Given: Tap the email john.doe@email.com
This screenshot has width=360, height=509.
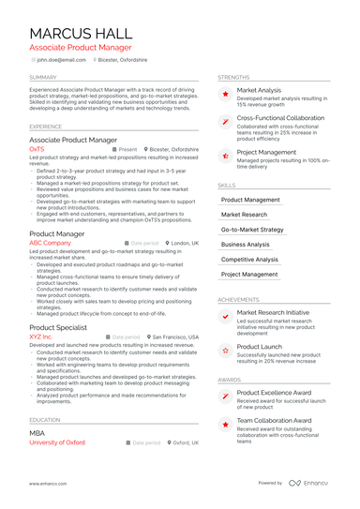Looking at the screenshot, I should coord(57,58).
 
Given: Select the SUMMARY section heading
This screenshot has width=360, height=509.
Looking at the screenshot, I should coord(43,77).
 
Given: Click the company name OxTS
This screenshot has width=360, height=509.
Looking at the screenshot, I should coord(37,149).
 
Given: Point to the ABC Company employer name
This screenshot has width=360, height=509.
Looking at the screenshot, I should coord(51,243).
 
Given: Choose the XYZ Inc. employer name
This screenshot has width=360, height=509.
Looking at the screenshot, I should coord(41,336).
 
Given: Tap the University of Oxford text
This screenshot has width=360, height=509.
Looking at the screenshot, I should coord(57,442).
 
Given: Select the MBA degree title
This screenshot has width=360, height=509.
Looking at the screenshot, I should coord(37,433).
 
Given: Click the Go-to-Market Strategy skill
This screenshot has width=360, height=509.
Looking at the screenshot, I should coord(251,229).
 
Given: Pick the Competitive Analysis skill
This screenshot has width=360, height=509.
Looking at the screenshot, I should coord(249,259).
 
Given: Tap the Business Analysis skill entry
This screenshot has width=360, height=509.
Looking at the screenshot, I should coord(245,244).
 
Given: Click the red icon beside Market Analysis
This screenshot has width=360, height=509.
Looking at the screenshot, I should coord(224,95).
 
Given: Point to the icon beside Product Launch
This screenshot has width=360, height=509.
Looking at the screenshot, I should coord(224,351).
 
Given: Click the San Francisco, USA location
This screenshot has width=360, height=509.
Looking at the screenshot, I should coord(175,336).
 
